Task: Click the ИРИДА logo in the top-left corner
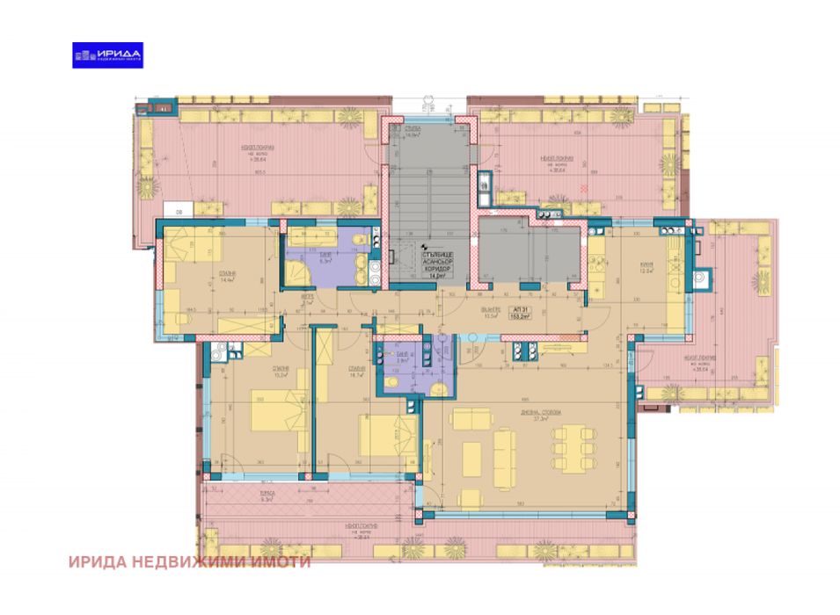(107, 54)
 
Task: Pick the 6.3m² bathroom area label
(325, 261)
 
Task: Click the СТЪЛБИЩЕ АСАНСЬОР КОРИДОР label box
(432, 264)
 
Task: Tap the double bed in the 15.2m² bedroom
(281, 410)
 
